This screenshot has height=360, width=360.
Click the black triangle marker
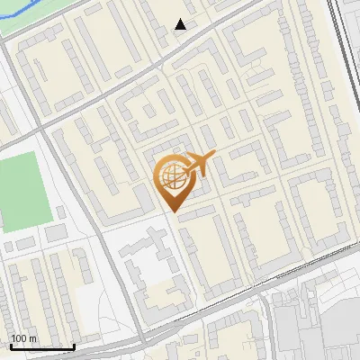tap(181, 24)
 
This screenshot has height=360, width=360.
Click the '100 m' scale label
tap(23, 338)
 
